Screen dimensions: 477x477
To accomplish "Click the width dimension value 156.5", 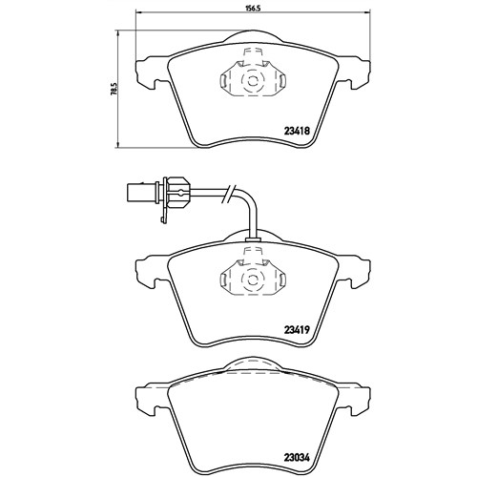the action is click(x=253, y=9).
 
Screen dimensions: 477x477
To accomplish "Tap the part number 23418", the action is click(x=297, y=131).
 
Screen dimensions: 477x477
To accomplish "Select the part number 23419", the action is click(x=297, y=330).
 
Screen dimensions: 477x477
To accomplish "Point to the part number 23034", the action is click(x=297, y=458).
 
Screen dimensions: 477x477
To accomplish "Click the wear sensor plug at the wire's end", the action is click(x=140, y=192).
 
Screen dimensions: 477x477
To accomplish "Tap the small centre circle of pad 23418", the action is click(x=253, y=81).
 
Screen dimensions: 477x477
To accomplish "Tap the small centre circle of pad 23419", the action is click(x=253, y=280).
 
